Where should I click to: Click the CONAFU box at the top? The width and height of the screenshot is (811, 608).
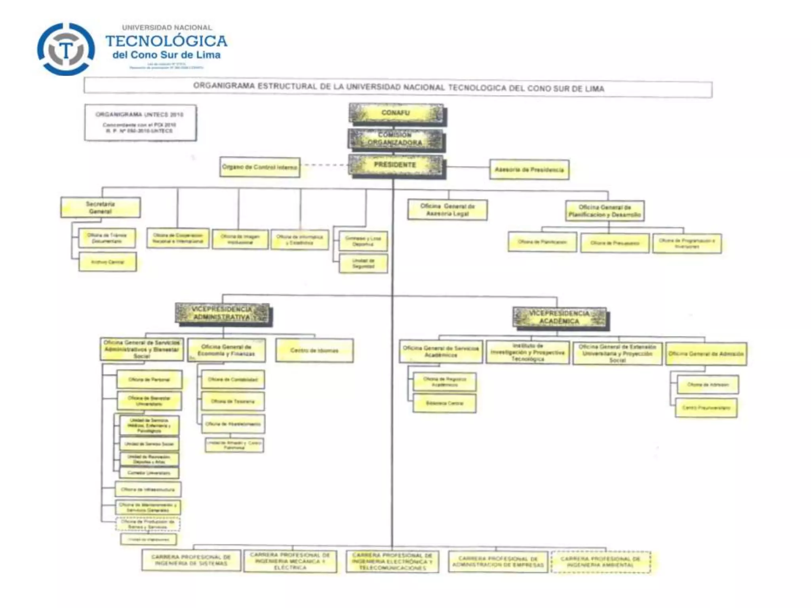[396, 114]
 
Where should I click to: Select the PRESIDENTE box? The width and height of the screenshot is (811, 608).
[396, 165]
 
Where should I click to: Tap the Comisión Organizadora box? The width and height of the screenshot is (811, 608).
[396, 139]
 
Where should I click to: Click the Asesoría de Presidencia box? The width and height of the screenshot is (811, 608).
[529, 170]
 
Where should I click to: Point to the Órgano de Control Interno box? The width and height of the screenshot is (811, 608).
[260, 167]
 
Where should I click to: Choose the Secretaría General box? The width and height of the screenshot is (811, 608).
[101, 207]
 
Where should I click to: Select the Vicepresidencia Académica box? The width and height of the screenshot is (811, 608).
[559, 317]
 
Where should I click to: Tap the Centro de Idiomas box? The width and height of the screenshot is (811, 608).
[314, 350]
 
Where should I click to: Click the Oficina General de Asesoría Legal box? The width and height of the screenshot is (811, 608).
[447, 210]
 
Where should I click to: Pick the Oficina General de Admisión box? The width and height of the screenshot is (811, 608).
[706, 354]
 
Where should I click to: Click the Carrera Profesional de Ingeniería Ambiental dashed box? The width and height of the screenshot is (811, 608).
[600, 562]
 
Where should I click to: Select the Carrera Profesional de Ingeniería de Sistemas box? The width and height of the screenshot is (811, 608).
[191, 560]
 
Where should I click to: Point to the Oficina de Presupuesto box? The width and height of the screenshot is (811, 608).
[615, 243]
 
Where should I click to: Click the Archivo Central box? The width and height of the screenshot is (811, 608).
[108, 262]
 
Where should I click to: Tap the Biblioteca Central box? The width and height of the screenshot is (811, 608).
[444, 403]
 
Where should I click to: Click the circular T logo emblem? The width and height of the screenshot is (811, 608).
[66, 49]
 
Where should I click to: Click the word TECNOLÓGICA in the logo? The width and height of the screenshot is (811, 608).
[166, 41]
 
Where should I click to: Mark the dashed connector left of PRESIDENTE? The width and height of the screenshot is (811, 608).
[324, 165]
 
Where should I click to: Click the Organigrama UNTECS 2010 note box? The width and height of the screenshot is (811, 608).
[140, 122]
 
